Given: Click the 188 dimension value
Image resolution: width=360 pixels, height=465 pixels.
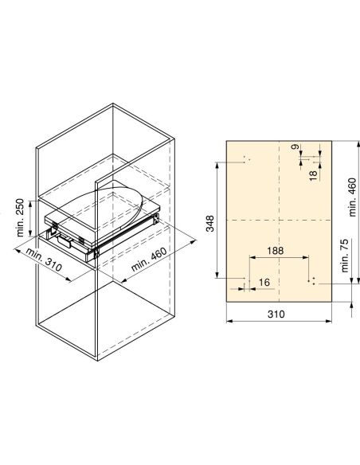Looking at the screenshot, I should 275,250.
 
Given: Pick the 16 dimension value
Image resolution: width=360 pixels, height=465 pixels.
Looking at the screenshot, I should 264,282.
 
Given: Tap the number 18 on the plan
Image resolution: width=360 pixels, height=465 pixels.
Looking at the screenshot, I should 313,172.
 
